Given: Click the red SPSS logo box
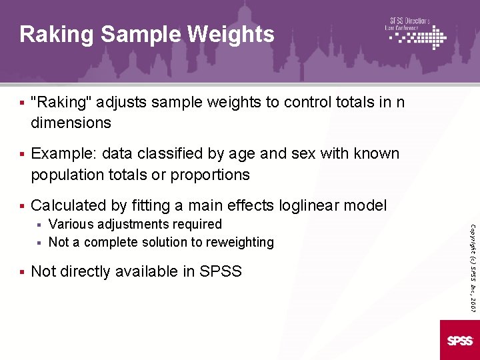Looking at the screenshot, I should pos(460,340).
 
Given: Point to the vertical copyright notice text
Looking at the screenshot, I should pos(472,257).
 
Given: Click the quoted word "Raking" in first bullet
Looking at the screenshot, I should pos(63,103).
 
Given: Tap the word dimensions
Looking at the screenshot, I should pos(71,123).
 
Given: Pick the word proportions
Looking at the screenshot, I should pos(210,175).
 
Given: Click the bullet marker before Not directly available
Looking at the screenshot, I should pos(22,271).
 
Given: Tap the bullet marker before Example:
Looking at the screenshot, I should pos(22,154).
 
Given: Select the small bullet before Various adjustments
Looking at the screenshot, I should pos(39,225).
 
